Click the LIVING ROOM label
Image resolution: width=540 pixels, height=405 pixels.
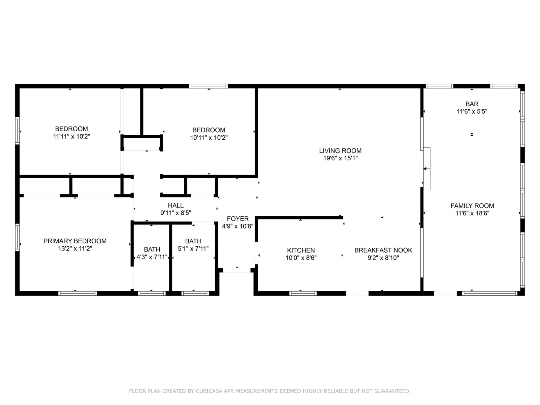click(x=340, y=151)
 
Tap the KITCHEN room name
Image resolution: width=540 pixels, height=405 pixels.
click(x=301, y=250)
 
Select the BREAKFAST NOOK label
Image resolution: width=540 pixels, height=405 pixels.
click(x=383, y=250)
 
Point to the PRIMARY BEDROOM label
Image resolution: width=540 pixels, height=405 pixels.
click(x=75, y=241)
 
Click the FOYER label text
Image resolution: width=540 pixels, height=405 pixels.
click(x=238, y=219)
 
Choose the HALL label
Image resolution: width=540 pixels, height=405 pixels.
click(x=175, y=205)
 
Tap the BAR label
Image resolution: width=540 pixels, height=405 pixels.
click(x=472, y=104)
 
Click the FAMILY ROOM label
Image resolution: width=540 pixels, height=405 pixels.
click(x=472, y=206)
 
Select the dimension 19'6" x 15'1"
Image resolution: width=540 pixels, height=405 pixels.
click(x=340, y=158)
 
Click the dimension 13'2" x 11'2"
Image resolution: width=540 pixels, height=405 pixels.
click(x=75, y=249)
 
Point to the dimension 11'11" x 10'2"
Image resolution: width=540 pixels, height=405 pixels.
click(x=72, y=136)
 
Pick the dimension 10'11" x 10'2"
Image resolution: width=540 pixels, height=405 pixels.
click(x=209, y=138)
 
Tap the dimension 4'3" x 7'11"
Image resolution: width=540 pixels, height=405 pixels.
click(x=152, y=257)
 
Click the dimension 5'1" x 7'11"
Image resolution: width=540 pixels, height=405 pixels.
click(x=193, y=249)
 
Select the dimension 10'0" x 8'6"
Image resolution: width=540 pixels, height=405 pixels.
click(x=301, y=258)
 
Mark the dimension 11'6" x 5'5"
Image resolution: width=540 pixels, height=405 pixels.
click(x=472, y=112)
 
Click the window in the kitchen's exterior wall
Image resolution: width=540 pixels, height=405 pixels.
click(x=303, y=293)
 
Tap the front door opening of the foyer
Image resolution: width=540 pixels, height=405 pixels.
click(x=237, y=270)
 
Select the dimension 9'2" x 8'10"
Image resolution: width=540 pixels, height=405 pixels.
click(x=383, y=258)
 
